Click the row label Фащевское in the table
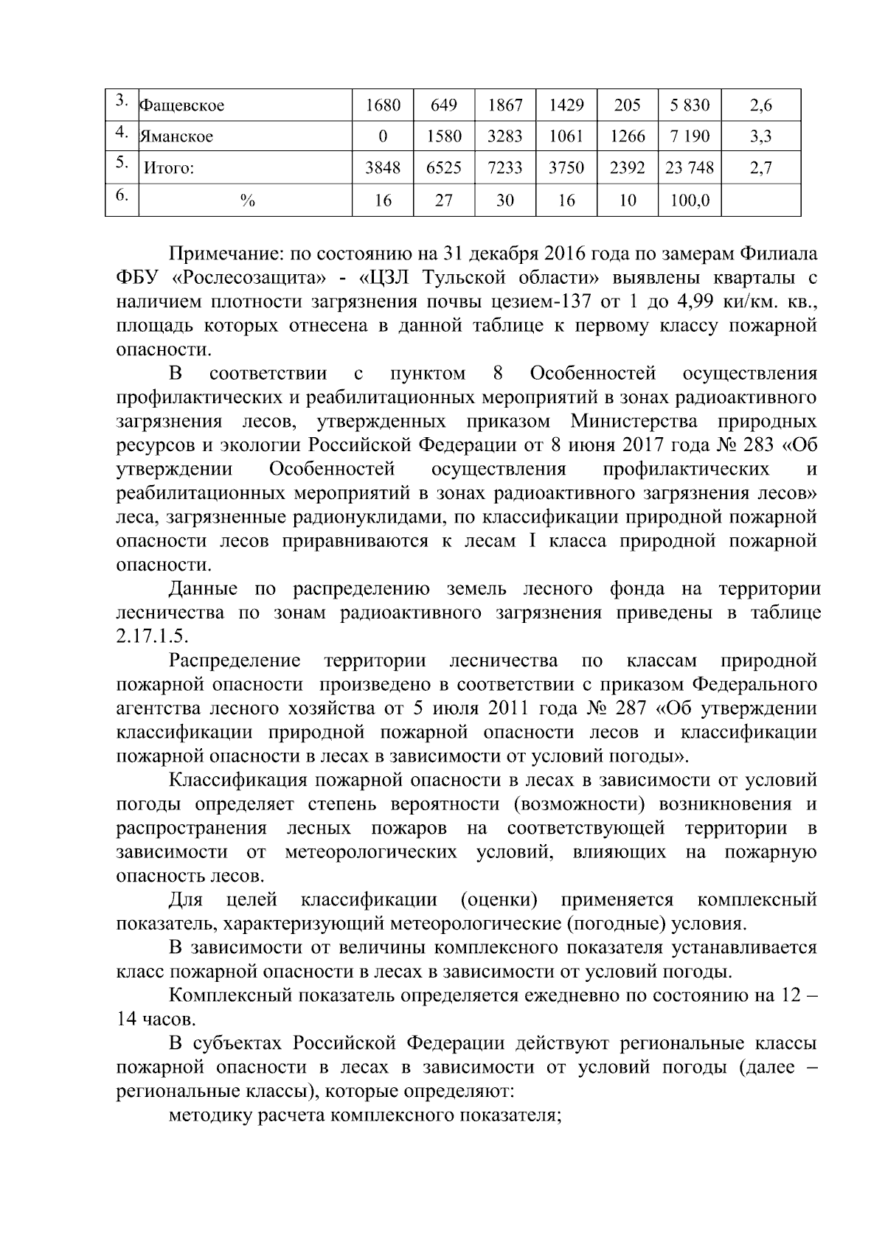(181, 105)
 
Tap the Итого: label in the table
(168, 168)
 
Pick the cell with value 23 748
(689, 168)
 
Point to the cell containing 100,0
(689, 200)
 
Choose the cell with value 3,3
(760, 136)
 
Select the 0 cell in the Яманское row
(382, 136)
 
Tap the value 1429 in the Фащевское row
(566, 105)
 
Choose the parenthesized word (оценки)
(499, 900)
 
